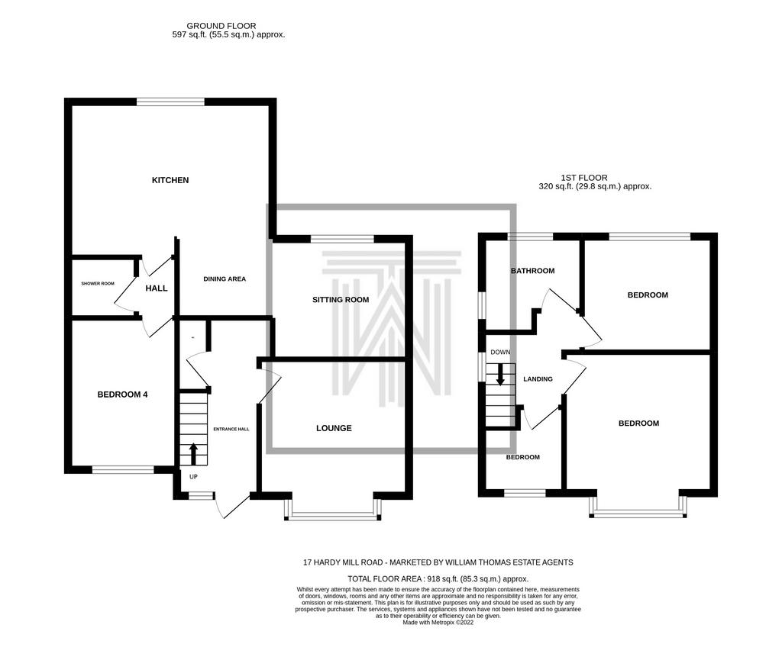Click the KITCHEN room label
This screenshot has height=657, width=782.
(x=170, y=180)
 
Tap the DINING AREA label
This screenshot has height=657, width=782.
(x=225, y=279)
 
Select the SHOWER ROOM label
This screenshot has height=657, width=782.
(x=98, y=284)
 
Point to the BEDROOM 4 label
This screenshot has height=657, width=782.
(x=122, y=395)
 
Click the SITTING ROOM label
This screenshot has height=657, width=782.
(x=341, y=300)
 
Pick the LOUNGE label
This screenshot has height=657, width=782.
(x=334, y=428)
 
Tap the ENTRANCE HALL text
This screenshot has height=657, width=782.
(x=231, y=429)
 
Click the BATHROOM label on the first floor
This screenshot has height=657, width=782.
(x=532, y=271)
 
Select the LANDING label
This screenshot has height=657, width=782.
(x=538, y=379)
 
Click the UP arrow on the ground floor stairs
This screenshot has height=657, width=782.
(x=193, y=454)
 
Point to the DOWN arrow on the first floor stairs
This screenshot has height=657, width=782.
(x=499, y=375)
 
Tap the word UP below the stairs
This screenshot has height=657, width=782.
(x=193, y=477)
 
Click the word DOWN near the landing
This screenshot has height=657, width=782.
(x=500, y=352)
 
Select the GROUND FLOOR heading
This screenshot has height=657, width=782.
(x=221, y=26)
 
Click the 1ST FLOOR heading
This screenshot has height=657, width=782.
(x=584, y=178)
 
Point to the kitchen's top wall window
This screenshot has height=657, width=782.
(x=170, y=101)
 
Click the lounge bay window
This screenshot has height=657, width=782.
(x=333, y=508)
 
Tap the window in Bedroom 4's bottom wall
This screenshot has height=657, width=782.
(x=123, y=469)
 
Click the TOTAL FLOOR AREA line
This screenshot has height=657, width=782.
(x=438, y=579)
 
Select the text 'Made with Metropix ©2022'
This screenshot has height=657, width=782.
(x=438, y=623)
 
